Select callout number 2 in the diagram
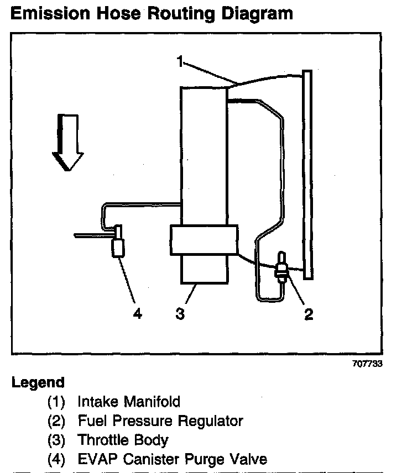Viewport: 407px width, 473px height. (x=309, y=314)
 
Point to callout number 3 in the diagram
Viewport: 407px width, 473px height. (x=179, y=314)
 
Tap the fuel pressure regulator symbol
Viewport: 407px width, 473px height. (x=281, y=267)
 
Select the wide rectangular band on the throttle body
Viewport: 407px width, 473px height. (x=204, y=239)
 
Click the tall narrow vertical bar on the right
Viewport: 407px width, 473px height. (x=307, y=174)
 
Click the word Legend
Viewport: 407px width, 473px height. (x=38, y=382)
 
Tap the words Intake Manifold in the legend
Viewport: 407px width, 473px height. (x=129, y=401)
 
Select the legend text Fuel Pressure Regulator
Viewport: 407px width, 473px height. (x=160, y=421)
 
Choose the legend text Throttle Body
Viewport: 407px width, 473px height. (x=123, y=440)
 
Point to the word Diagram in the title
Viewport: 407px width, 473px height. (x=256, y=14)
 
